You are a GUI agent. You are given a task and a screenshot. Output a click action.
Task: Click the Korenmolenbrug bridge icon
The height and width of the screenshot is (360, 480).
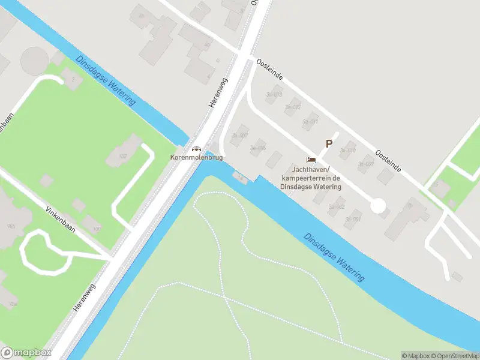coord(196,149)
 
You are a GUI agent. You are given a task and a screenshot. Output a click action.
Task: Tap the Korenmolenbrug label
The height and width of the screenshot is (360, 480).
coord(197,157)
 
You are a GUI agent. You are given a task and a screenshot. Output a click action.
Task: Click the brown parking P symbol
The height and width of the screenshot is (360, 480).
coord(329,144)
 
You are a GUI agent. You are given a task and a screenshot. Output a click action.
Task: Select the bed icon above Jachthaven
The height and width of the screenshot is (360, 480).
coord(311,160)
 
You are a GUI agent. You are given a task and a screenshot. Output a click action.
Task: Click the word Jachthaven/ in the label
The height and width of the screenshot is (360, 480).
coord(310,170)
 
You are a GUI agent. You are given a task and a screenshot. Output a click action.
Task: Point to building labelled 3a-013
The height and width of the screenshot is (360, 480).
coord(275,95)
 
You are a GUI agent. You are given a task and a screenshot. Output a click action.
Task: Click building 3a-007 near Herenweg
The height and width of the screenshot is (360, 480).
coord(240,135)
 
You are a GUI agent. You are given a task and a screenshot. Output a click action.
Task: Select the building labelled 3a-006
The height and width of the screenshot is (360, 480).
coord(258,148)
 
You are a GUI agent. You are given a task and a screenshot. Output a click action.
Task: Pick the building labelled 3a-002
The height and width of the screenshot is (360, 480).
coord(337,206)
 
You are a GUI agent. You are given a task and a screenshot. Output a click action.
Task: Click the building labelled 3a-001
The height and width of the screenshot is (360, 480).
coord(354,218)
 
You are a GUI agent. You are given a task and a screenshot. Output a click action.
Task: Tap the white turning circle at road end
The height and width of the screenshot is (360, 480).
coord(378,206)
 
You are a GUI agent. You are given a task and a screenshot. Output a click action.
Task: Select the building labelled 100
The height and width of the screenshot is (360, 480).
coord(93,225)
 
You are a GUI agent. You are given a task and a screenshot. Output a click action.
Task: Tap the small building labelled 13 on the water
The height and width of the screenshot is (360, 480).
coord(241,178)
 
